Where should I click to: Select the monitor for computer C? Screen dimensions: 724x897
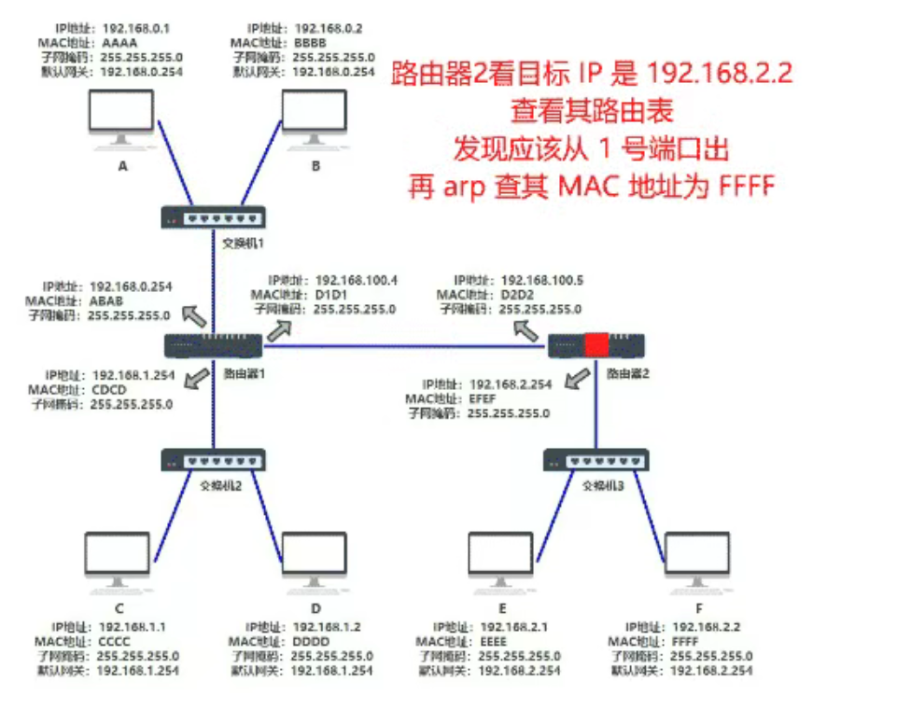coord(117,560)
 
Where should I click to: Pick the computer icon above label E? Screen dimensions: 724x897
coord(501,560)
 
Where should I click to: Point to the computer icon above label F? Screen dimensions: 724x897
coord(696,560)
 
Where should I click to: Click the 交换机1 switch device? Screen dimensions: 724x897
coord(213,218)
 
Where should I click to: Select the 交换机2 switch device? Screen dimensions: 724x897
coord(214,460)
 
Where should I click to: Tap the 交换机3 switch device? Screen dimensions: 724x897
coord(595,460)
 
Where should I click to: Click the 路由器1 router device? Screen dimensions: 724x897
coord(214,346)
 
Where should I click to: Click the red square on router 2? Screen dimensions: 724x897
coord(596,346)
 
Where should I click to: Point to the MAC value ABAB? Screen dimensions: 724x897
coord(105,300)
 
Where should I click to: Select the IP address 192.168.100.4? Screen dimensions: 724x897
coord(357,280)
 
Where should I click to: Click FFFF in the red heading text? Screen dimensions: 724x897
coord(747,187)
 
